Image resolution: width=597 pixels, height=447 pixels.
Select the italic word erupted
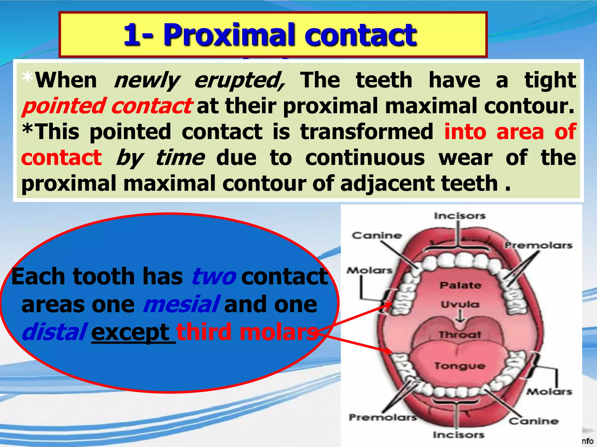tap(239, 81)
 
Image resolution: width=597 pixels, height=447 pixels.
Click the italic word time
tap(180, 158)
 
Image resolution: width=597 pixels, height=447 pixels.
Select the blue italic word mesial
tap(181, 305)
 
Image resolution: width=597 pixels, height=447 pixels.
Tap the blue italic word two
tap(214, 277)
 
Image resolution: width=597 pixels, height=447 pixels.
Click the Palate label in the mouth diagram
tap(460, 285)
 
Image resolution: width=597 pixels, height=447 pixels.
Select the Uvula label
tap(460, 305)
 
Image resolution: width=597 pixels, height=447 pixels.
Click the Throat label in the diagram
tap(460, 335)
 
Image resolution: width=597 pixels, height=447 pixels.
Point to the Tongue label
tap(460, 366)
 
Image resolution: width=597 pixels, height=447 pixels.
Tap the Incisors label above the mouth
tap(460, 216)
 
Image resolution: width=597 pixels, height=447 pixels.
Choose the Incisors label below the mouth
tap(459, 435)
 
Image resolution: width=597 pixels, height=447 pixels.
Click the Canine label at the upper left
tap(377, 235)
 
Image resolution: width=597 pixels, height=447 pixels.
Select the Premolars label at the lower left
tap(383, 417)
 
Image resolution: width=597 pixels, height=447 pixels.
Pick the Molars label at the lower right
tap(549, 392)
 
